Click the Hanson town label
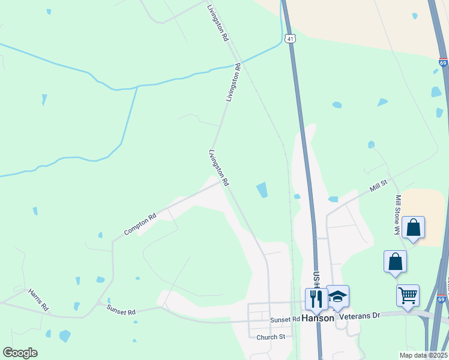pos(318,318)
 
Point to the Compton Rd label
pos(140,223)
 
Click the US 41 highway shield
pos(291,38)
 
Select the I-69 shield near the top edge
pos(443,62)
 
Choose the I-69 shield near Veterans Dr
pos(441,298)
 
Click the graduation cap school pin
pos(337,296)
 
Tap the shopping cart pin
pos(408,295)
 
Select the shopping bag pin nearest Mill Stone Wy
pos(413,227)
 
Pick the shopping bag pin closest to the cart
pos(395,261)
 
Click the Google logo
pos(20,353)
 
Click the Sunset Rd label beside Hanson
pos(285,320)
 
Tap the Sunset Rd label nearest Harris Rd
pos(121,310)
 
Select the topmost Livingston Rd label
pos(217,23)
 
